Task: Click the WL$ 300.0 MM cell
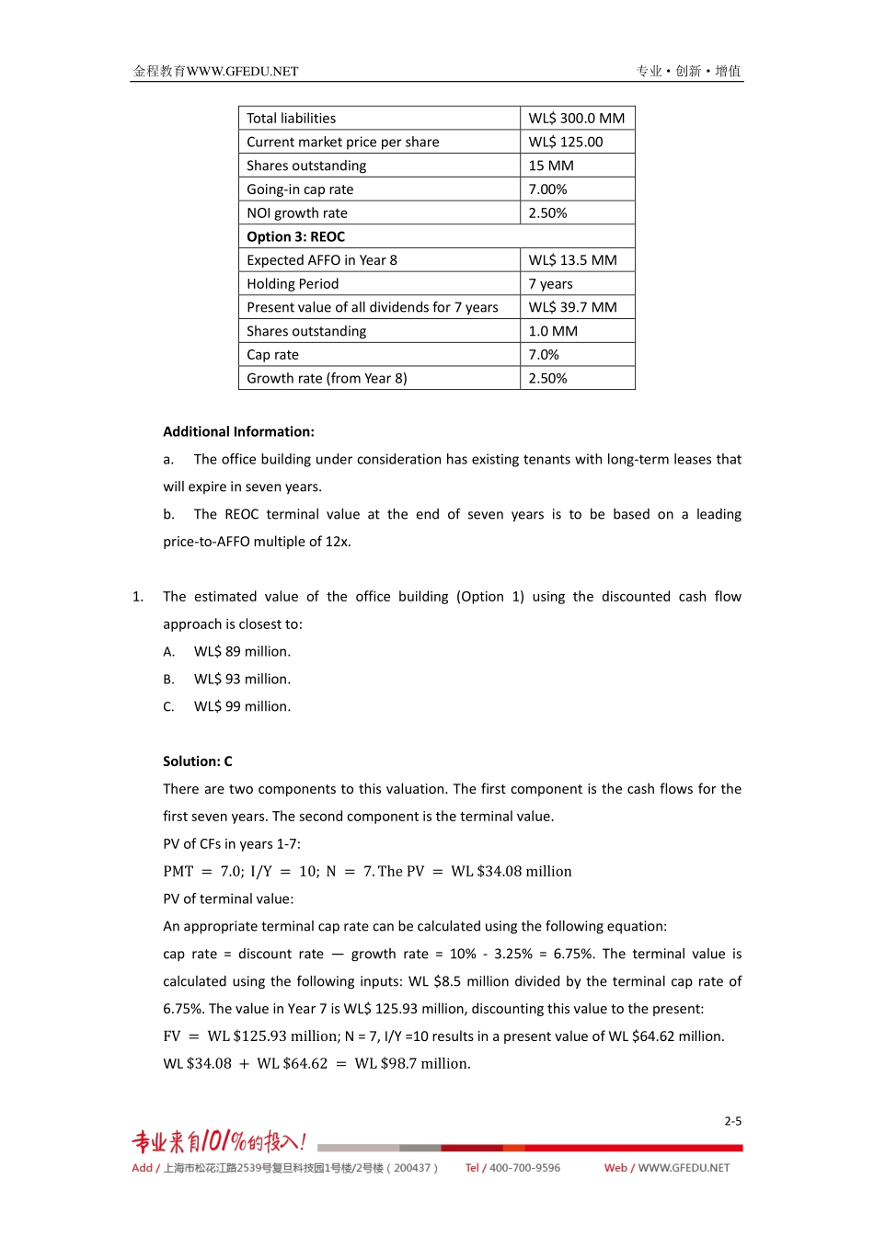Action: [x=576, y=119]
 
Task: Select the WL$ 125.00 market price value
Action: [x=566, y=143]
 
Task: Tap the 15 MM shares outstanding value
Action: [x=551, y=166]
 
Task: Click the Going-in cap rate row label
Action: [x=300, y=189]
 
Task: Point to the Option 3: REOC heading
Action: [x=295, y=236]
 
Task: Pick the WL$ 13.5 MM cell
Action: [x=572, y=260]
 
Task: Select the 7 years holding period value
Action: [x=550, y=284]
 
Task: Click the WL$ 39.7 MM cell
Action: [x=572, y=307]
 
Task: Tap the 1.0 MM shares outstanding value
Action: [x=553, y=331]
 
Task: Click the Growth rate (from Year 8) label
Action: [x=327, y=378]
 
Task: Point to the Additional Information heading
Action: [x=238, y=431]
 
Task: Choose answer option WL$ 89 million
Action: [x=242, y=651]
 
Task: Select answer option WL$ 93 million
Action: [x=242, y=679]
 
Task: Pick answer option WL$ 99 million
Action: [x=242, y=706]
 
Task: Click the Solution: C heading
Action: [x=198, y=761]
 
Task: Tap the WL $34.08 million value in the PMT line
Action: [x=512, y=871]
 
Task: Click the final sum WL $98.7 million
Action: [x=412, y=1063]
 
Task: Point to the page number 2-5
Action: [x=732, y=1121]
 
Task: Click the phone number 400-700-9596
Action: [x=524, y=1168]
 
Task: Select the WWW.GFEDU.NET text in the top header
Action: [x=242, y=72]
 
